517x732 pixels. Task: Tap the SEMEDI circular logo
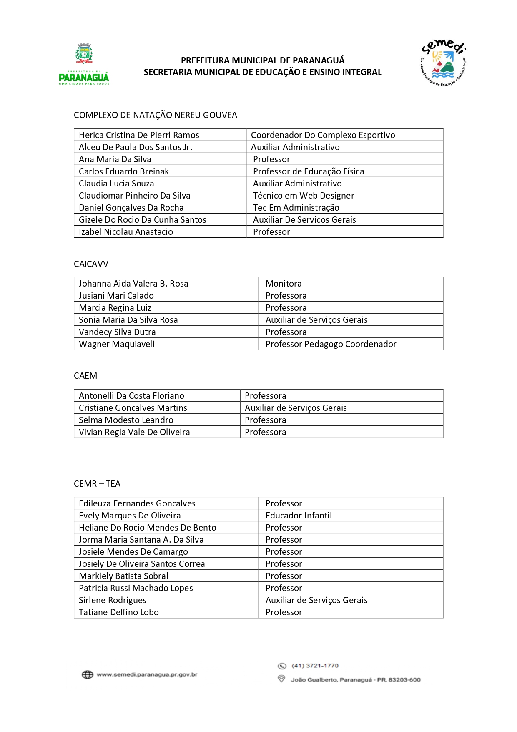point(443,63)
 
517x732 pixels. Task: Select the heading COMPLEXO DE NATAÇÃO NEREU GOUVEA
point(156,115)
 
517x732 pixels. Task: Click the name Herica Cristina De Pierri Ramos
point(139,135)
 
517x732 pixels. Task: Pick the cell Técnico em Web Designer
point(304,196)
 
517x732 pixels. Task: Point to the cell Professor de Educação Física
point(309,171)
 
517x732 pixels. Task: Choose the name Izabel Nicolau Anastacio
point(126,232)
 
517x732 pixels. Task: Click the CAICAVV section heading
point(91,264)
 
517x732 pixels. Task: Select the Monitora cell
point(284,284)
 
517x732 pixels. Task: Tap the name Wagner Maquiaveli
point(117,344)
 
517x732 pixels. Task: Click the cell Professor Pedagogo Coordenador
point(331,344)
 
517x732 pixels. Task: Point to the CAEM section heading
point(85,376)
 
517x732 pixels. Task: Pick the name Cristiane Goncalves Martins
point(133,408)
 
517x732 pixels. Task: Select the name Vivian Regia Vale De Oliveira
point(134,432)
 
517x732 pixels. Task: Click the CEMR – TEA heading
point(97,484)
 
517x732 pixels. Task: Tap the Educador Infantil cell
point(299,516)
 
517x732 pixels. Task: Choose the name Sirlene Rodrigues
point(113,600)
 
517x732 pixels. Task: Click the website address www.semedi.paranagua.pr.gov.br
point(147,674)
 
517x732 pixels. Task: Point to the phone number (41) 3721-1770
point(315,666)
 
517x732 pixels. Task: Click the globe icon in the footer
point(87,674)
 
